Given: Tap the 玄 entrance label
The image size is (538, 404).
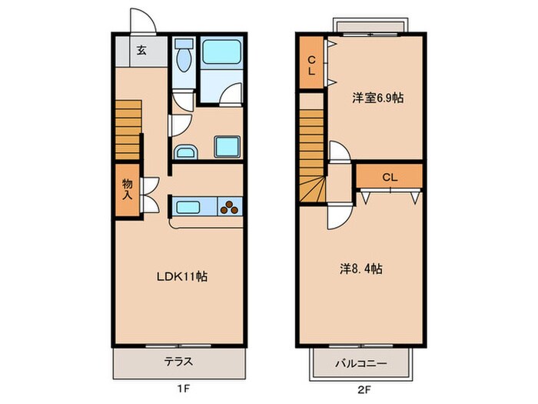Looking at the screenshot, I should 142,52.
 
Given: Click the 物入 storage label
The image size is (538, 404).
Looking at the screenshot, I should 127,189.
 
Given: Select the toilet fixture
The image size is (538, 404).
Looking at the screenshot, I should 182,57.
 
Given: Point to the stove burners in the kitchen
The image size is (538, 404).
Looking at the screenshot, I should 231,205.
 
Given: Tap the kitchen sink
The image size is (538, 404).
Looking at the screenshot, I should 188,205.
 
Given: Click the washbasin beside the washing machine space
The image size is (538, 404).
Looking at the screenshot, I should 185,150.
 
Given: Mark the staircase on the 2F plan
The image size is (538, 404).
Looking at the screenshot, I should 312,158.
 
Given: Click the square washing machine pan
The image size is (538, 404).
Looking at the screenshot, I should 228,145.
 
